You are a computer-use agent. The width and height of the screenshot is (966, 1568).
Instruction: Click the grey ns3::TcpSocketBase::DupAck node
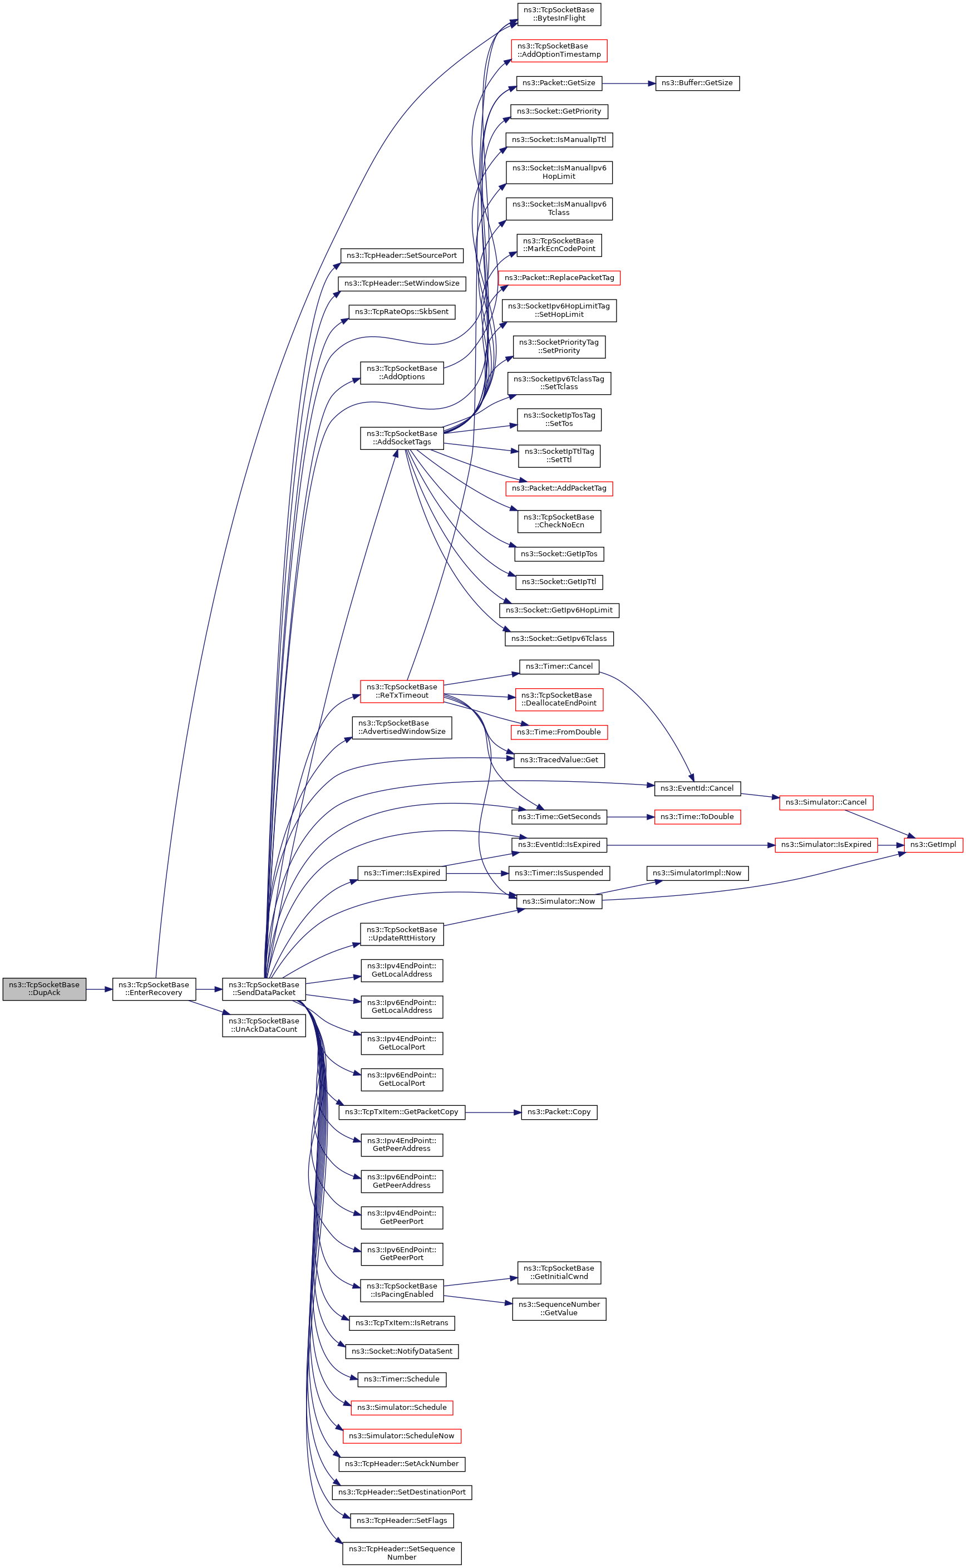click(44, 989)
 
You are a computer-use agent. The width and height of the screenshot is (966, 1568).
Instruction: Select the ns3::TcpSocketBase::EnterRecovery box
click(154, 989)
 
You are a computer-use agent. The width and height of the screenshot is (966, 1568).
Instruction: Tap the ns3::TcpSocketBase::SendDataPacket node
click(264, 989)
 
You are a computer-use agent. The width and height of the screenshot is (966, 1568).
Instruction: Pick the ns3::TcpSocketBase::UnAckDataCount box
click(264, 1025)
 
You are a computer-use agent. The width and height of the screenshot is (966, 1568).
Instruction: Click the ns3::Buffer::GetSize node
click(697, 83)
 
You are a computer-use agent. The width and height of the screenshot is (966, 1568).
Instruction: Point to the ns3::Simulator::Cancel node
click(825, 802)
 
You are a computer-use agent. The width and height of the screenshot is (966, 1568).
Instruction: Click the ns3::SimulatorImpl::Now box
click(697, 873)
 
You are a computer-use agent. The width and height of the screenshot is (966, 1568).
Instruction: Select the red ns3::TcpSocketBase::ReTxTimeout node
click(402, 691)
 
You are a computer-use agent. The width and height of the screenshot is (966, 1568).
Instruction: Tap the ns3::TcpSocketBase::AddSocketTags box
click(402, 438)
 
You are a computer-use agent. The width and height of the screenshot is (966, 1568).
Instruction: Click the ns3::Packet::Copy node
click(559, 1111)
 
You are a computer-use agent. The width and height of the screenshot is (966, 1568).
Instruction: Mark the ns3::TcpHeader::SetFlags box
click(402, 1520)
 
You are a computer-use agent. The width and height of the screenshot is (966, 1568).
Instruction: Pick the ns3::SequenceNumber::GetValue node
click(559, 1309)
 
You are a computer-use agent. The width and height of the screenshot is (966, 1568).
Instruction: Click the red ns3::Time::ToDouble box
click(697, 817)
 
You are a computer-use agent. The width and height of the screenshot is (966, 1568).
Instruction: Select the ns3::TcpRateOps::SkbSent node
click(402, 312)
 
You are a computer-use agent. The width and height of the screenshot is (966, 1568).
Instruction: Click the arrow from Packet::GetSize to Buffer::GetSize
click(629, 83)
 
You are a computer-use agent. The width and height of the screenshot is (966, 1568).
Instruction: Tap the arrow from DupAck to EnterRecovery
click(99, 989)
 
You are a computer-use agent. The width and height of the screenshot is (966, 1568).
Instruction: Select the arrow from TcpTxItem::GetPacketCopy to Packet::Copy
click(493, 1112)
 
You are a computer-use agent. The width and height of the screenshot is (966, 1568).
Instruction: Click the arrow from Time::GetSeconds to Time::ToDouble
click(630, 817)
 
